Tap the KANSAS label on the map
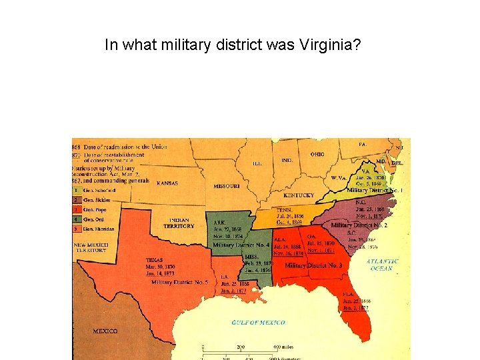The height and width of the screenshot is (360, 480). pyautogui.click(x=167, y=183)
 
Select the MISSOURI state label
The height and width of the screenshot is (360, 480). pyautogui.click(x=227, y=187)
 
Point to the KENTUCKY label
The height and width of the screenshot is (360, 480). pyautogui.click(x=298, y=195)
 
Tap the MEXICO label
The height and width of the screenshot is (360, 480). pyautogui.click(x=105, y=331)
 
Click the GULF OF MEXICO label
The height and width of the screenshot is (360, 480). pyautogui.click(x=258, y=323)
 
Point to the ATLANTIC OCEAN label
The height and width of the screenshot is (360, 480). pyautogui.click(x=383, y=265)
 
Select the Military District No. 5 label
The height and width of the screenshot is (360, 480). pyautogui.click(x=180, y=282)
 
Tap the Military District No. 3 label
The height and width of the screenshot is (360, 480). pyautogui.click(x=313, y=265)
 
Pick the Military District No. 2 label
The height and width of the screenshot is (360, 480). pyautogui.click(x=359, y=225)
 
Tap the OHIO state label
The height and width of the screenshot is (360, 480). pyautogui.click(x=317, y=154)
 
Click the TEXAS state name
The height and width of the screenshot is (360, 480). pyautogui.click(x=155, y=260)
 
